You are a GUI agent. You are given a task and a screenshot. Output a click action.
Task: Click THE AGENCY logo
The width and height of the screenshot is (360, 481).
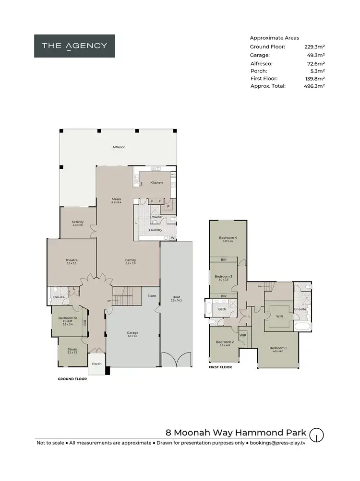point(74,46)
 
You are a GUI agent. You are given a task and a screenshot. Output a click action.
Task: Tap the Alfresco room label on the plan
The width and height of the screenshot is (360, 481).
point(119,147)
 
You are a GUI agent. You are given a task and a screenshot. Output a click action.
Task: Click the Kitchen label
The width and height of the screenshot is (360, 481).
point(156,183)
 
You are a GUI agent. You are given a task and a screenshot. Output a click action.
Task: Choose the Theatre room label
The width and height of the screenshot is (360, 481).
point(72,261)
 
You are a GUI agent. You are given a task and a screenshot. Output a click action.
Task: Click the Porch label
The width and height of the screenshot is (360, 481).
point(96,364)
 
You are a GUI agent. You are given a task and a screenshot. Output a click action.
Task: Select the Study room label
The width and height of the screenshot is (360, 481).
point(72,351)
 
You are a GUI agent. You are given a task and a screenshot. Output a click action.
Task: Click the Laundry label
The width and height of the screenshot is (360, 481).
point(155,230)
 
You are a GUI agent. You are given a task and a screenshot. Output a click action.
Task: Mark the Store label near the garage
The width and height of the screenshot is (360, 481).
point(152,296)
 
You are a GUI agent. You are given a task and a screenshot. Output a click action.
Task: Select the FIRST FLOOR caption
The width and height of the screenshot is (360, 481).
point(220,367)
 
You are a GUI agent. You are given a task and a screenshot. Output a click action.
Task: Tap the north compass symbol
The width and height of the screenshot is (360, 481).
point(316,435)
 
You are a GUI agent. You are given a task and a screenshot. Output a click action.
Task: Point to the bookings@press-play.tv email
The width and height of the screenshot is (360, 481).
point(277,443)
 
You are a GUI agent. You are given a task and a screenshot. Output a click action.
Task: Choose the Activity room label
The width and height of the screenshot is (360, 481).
point(78,223)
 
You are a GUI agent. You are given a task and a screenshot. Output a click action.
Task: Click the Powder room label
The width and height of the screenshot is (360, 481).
point(156,217)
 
